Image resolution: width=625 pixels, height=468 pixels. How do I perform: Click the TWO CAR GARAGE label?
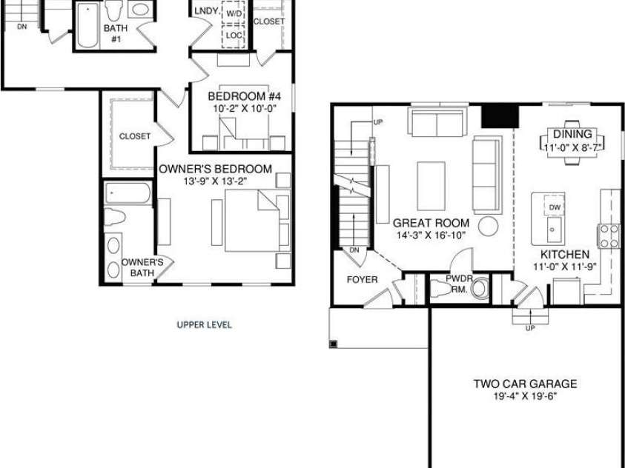pos(525,384)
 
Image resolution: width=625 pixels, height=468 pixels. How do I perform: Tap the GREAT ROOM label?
pos(431,223)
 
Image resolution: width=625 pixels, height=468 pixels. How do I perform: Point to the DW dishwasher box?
pos(555,207)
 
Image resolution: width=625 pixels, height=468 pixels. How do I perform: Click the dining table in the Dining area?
pos(572,140)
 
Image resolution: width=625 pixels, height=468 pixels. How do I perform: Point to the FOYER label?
pos(362,279)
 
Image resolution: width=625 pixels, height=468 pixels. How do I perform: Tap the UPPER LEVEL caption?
pos(204,324)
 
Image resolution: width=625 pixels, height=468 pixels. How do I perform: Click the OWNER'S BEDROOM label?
pos(215,169)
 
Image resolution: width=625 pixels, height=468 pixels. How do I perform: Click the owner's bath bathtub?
pos(128,193)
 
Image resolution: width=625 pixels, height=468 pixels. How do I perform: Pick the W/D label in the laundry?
pos(234,14)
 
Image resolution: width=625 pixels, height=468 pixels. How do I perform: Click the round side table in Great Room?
pos(489,225)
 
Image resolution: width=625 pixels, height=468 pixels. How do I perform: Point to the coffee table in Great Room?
pos(431,186)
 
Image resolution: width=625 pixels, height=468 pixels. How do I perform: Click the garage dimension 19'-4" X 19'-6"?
pos(525,396)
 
